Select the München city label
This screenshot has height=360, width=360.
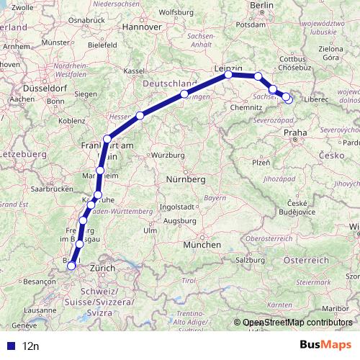click(x=202, y=244)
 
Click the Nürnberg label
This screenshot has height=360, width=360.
click(x=186, y=178)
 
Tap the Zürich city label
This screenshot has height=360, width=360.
click(x=102, y=268)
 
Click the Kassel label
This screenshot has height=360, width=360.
click(x=135, y=71)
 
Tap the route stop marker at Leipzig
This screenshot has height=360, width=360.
click(x=228, y=74)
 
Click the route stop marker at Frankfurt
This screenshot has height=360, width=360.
click(x=107, y=139)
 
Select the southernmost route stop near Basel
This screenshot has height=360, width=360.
click(x=71, y=265)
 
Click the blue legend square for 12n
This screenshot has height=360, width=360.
click(x=10, y=346)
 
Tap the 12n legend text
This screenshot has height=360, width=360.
click(x=31, y=346)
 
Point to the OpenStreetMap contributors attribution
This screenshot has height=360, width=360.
click(x=297, y=323)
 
